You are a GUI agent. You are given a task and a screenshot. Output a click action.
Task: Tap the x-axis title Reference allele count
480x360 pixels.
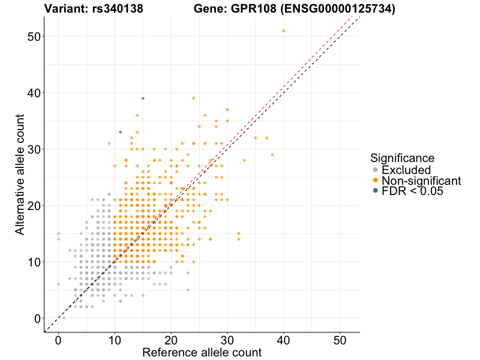tap(202, 352)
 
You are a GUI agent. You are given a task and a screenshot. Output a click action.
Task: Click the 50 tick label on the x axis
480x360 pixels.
tap(340, 338)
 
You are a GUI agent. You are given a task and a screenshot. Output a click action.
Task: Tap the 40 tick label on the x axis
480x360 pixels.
tap(284, 338)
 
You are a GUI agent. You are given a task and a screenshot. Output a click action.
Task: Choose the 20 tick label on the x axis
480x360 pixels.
tap(171, 338)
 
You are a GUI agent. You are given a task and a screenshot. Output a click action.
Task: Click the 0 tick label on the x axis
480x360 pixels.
tap(58, 338)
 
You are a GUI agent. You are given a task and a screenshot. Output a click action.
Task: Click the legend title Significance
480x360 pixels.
tap(402, 158)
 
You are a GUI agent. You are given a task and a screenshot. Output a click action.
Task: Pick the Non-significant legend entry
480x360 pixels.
tap(421, 181)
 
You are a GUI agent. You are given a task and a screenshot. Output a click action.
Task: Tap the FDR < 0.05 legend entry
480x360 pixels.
tap(415, 191)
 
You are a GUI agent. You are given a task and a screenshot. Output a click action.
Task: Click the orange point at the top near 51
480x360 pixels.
tap(284, 31)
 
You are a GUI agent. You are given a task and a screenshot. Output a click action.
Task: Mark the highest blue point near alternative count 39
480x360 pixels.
tap(143, 98)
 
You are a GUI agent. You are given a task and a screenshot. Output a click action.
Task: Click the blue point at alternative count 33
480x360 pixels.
tap(120, 132)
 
